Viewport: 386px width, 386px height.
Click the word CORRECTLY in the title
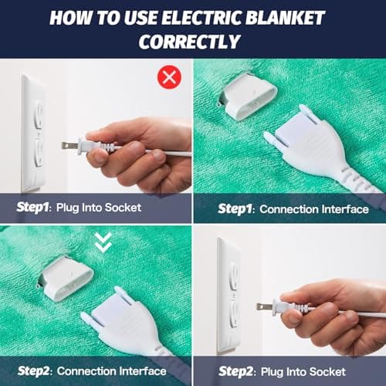192,41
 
